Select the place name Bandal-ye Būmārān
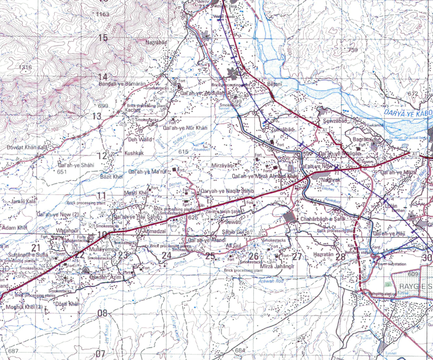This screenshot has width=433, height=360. [122, 84]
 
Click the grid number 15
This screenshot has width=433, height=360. [102, 37]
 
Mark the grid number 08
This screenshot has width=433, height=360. [102, 313]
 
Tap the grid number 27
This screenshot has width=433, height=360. [297, 256]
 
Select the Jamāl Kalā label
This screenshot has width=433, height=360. [22, 201]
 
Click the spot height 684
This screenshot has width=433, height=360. [240, 351]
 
